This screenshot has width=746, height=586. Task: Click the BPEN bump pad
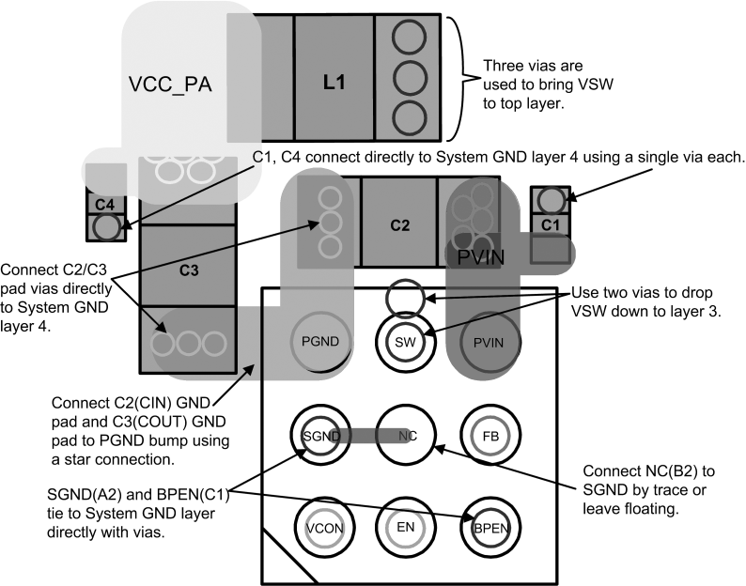(x=488, y=527)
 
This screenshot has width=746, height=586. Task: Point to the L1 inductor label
(x=334, y=83)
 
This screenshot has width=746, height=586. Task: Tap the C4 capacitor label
(x=105, y=203)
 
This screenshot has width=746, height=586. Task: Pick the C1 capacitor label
(x=551, y=224)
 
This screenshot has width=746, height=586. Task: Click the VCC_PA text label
(x=170, y=85)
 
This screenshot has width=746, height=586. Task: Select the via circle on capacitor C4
(x=106, y=226)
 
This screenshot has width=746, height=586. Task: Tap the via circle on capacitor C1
(x=551, y=200)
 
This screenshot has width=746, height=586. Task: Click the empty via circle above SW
(x=406, y=297)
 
